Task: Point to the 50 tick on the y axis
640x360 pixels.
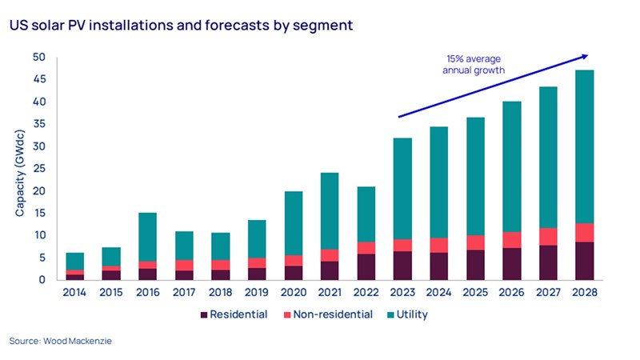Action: [40, 58]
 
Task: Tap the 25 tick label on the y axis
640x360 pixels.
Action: [40, 169]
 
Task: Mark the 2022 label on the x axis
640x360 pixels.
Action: [366, 293]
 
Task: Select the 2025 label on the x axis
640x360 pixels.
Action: [476, 293]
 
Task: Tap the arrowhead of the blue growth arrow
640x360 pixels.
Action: [585, 56]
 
